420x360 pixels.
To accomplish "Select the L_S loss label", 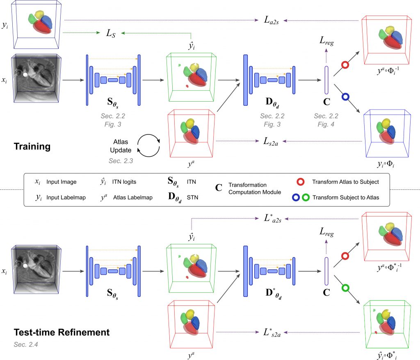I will point(111,34).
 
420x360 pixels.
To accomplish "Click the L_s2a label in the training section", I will point(272,141).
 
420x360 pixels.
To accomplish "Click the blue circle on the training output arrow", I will point(345,97).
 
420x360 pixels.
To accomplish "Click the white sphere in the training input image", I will point(25,75).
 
